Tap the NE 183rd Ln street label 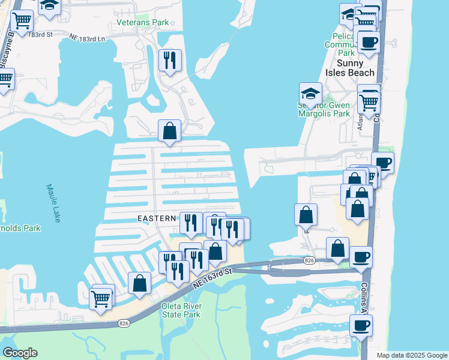pos(88,39)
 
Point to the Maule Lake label pos(53,203)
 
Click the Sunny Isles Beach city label pos(355,68)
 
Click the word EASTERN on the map pos(157,218)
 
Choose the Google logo pos(20,352)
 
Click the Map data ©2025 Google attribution pos(412,355)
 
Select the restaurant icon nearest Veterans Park pos(170,59)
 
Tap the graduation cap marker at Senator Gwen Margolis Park pos(310,93)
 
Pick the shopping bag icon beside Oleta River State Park pos(140,284)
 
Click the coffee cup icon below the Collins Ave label pos(361,325)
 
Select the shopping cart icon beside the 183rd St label pos(22,20)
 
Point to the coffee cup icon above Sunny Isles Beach pos(369,42)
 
